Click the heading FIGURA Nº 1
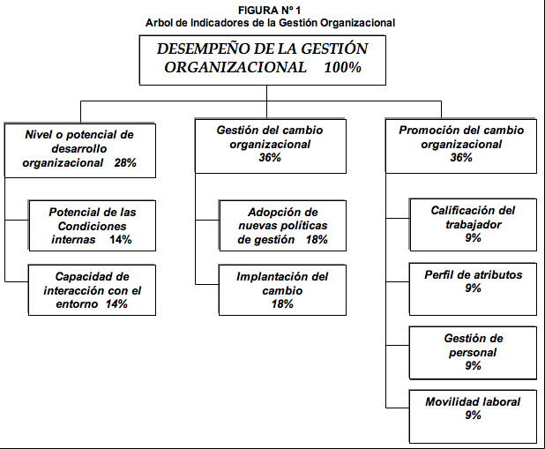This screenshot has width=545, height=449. (x=269, y=10)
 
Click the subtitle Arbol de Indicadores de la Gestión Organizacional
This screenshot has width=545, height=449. (x=270, y=23)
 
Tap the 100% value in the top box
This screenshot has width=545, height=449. (x=343, y=67)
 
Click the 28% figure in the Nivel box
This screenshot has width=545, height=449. (x=125, y=163)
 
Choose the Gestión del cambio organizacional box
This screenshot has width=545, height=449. (x=271, y=146)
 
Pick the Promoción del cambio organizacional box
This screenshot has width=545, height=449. (x=461, y=146)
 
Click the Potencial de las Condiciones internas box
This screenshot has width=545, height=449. (x=92, y=225)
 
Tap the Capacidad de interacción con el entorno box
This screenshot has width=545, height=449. (x=92, y=290)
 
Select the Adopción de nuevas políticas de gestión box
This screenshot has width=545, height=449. (x=282, y=225)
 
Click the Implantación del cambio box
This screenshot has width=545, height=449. (x=282, y=290)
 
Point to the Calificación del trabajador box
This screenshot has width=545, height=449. (x=473, y=225)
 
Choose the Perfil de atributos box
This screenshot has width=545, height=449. (x=473, y=289)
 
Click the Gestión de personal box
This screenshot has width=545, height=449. (x=473, y=353)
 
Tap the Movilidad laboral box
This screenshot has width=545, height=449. (x=473, y=416)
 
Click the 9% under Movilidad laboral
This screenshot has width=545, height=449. (x=473, y=415)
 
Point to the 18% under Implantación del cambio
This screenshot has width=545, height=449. (x=282, y=304)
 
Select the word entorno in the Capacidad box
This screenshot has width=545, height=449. (x=77, y=304)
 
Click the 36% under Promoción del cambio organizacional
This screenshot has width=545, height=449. (x=461, y=158)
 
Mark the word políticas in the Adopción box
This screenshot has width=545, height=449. (x=307, y=226)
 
